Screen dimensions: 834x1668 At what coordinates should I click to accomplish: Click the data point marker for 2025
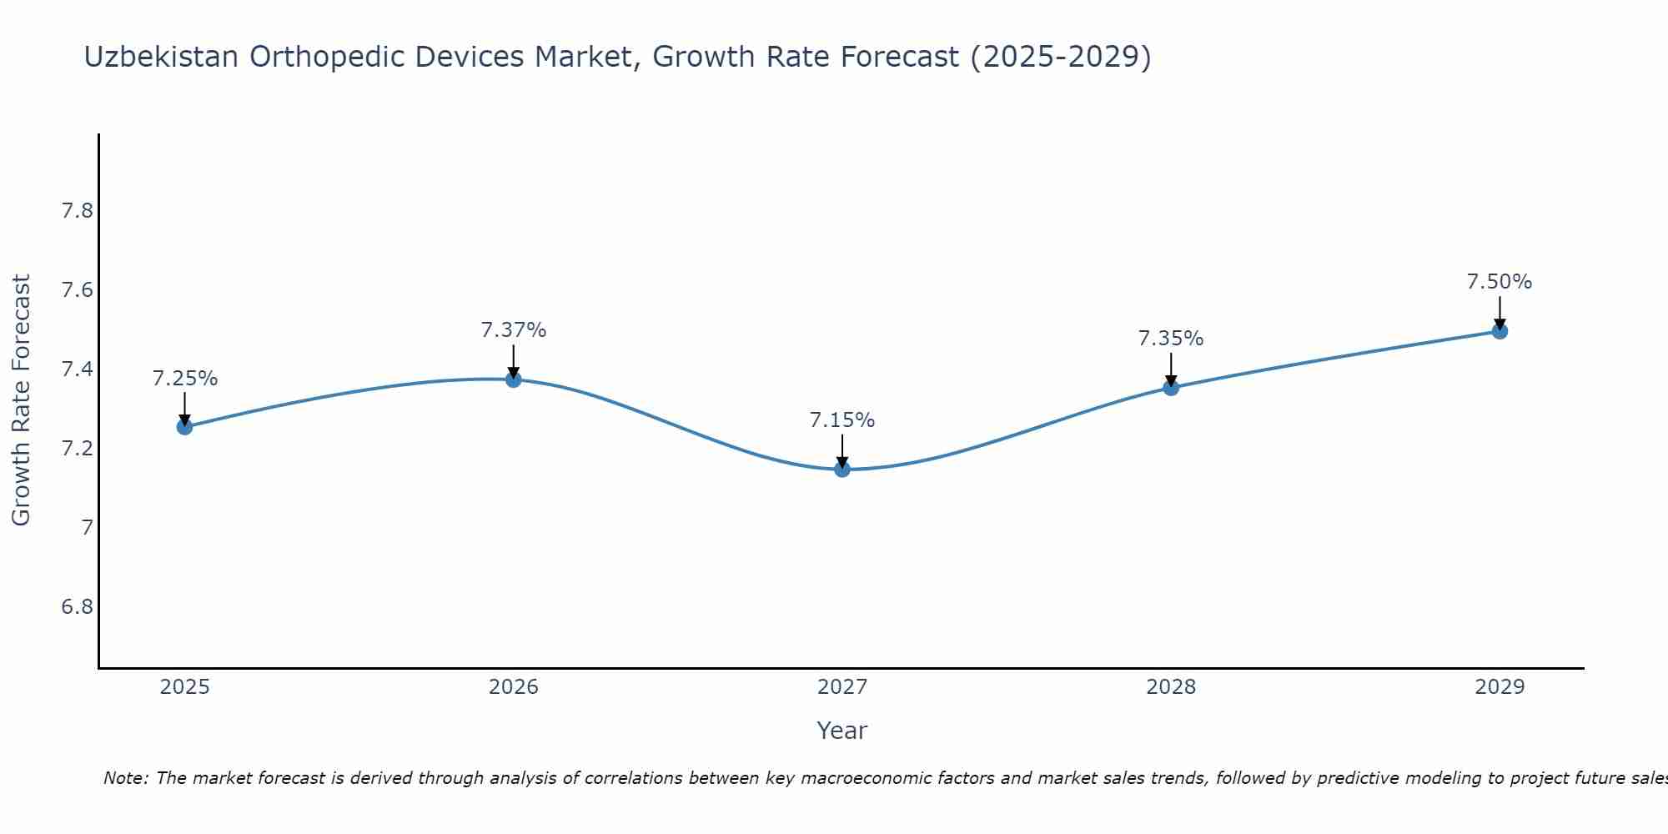pos(184,427)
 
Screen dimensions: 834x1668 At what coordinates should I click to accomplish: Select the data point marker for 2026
pos(514,379)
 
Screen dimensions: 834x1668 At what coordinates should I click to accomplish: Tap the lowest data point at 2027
pos(842,470)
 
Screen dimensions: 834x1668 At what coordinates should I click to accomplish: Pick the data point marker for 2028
pos(1171,388)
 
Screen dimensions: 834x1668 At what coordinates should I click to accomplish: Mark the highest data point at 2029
pos(1500,331)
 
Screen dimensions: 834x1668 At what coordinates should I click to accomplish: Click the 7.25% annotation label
pos(184,379)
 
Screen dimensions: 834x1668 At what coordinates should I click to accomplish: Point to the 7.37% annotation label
pos(514,330)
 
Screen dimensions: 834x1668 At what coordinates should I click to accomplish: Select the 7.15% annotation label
pos(842,420)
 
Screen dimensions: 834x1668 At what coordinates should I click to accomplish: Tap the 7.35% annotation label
pos(1171,339)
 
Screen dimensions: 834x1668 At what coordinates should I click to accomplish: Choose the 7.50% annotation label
pos(1500,282)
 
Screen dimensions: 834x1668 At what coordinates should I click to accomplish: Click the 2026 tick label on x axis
pos(514,687)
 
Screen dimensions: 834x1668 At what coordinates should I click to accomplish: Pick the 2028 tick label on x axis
pos(1171,687)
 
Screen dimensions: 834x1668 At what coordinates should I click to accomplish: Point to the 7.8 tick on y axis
pos(77,211)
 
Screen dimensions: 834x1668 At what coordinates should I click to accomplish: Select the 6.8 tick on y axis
pos(77,606)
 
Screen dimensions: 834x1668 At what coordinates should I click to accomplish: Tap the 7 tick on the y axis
pos(87,527)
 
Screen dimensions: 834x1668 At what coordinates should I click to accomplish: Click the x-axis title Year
pos(842,731)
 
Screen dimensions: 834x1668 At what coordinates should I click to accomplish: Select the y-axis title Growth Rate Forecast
pos(21,400)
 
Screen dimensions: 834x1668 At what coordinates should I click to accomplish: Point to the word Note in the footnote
pos(125,778)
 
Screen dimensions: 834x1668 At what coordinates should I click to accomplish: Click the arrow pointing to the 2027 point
pos(842,450)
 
